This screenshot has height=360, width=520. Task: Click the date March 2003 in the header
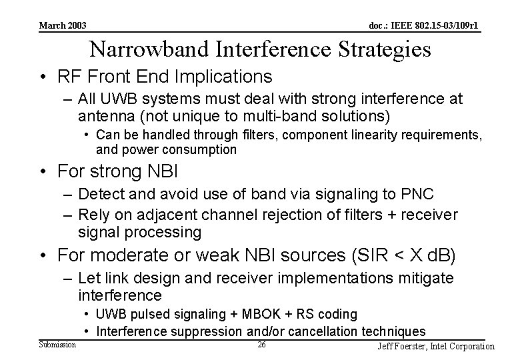point(63,26)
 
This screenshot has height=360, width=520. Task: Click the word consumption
point(199,150)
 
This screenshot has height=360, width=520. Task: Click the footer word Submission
point(57,344)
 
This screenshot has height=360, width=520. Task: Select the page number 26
point(261,345)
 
